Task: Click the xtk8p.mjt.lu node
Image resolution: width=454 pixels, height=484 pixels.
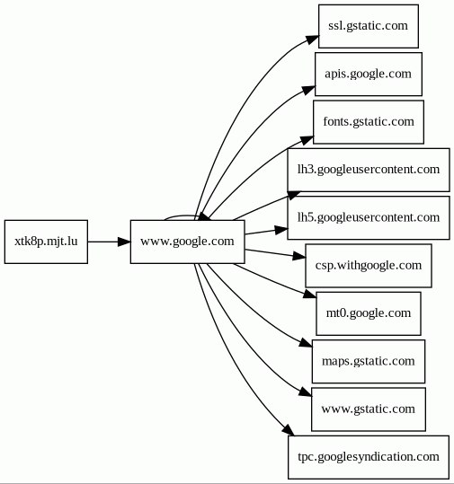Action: coord(46,242)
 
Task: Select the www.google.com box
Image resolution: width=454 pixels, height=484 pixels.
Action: coord(188,242)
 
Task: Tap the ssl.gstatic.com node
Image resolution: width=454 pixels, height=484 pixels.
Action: coord(369,26)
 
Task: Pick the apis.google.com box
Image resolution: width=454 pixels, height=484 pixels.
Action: coord(369,74)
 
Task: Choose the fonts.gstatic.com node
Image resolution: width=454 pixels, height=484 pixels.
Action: coord(369,122)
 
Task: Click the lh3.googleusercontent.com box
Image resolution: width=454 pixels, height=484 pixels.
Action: coord(369,170)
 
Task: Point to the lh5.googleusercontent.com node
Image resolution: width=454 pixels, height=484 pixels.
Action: coord(369,217)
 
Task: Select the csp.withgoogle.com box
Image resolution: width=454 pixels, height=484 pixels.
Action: coord(369,266)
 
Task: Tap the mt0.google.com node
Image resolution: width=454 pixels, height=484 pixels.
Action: coord(369,313)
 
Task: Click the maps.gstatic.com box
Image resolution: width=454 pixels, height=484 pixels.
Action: coord(369,362)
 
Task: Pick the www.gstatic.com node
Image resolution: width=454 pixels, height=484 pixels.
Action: coord(369,409)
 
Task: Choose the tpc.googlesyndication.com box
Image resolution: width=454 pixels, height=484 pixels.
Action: coord(369,457)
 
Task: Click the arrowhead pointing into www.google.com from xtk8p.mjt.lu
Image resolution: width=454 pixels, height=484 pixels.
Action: coord(124,242)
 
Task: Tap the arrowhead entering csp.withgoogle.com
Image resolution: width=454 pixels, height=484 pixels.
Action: coord(298,256)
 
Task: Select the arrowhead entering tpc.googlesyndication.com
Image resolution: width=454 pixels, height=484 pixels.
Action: coord(289,430)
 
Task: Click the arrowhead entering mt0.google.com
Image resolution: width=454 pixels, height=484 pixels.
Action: coord(310,294)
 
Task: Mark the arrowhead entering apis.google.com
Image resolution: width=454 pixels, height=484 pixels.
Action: coord(308,90)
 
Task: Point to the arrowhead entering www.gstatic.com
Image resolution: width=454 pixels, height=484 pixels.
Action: coord(306,392)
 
